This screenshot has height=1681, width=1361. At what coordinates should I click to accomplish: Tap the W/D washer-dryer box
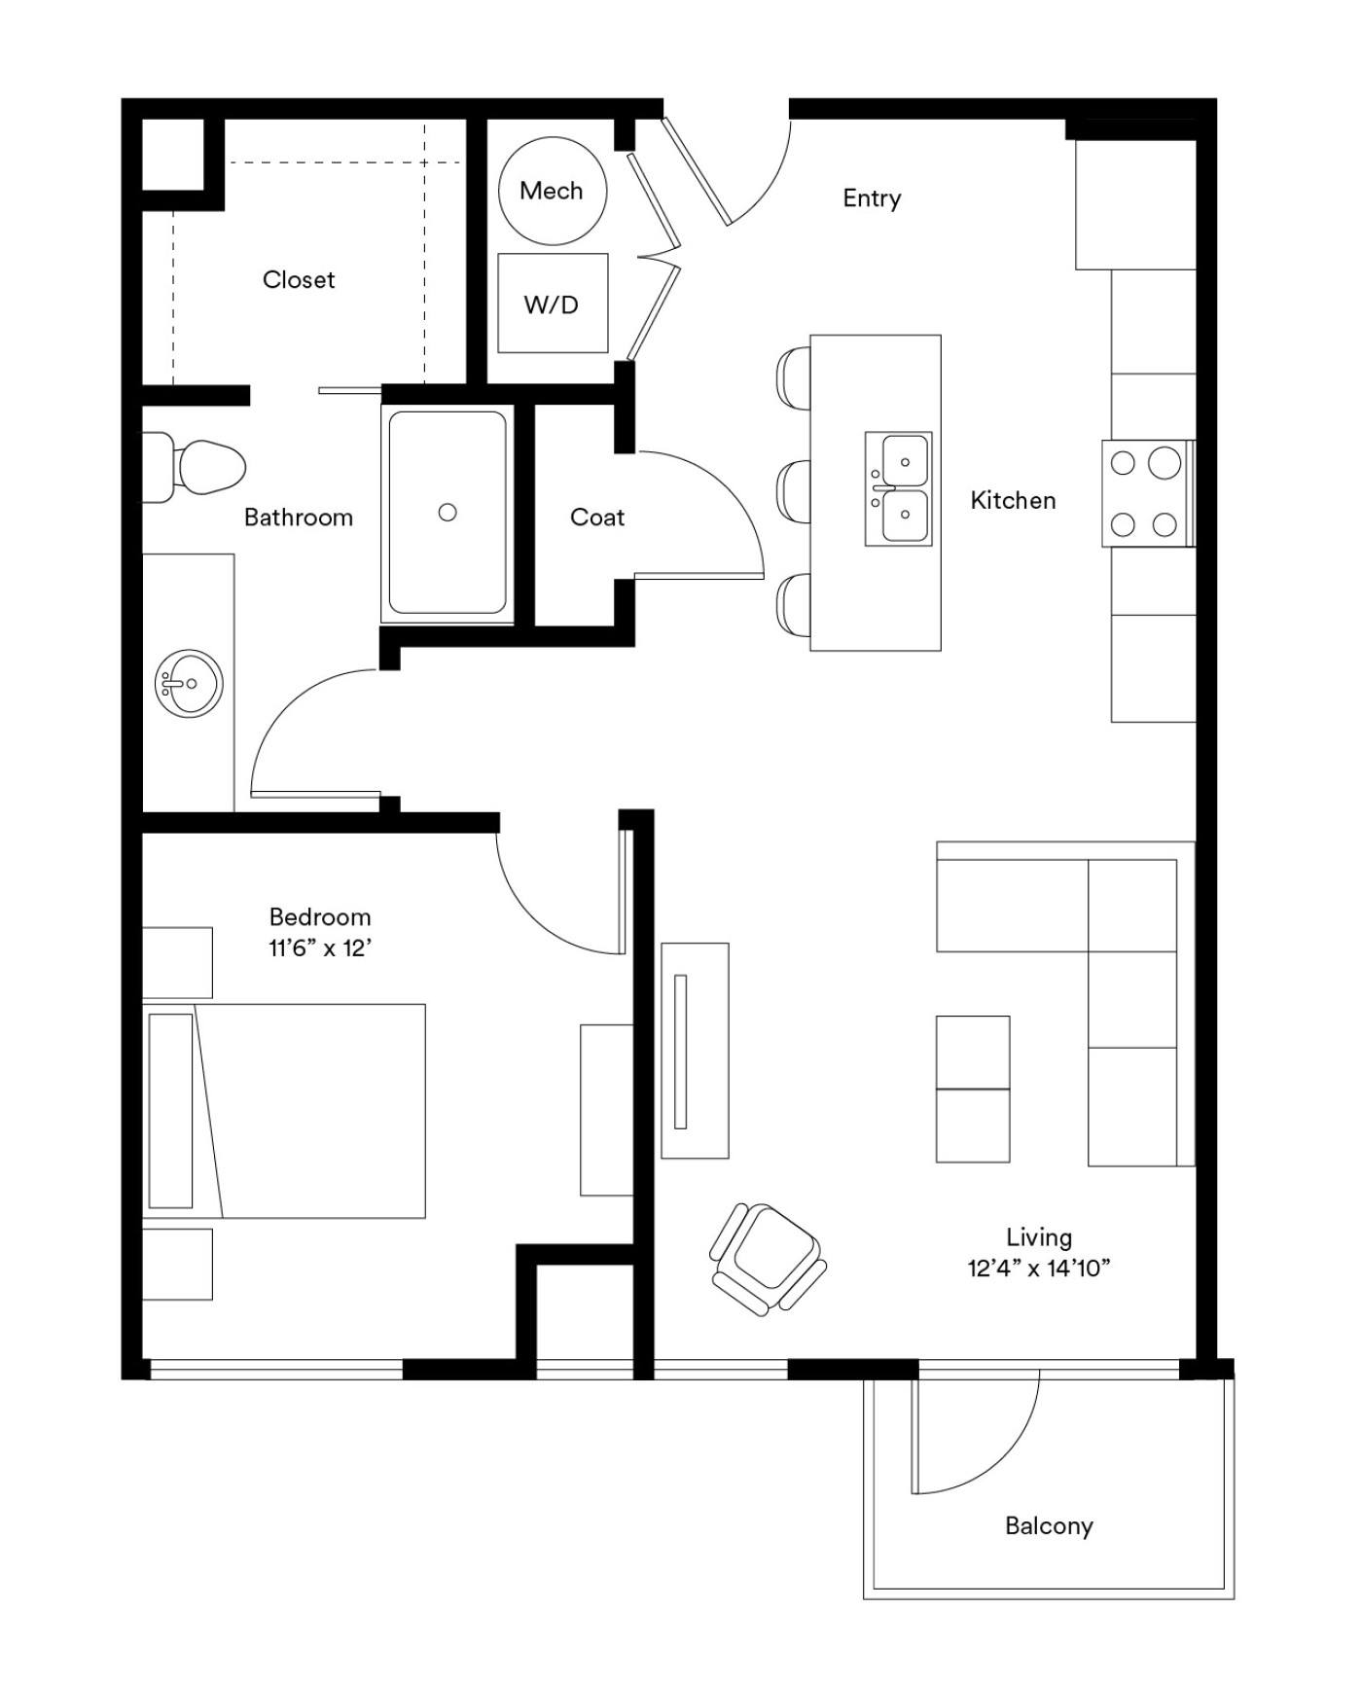click(x=553, y=304)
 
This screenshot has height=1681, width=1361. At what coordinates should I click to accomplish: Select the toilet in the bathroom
click(x=195, y=467)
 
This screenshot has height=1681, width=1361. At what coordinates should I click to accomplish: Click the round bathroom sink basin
click(x=189, y=684)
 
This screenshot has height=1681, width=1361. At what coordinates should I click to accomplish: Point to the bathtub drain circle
click(x=448, y=512)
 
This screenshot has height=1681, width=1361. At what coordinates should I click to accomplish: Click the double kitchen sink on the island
click(x=899, y=488)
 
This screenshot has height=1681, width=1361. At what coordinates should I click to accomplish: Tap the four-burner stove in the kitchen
click(x=1148, y=493)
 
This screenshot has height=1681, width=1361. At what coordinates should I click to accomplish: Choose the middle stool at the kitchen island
click(x=794, y=492)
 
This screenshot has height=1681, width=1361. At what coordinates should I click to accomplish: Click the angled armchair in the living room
click(x=769, y=1259)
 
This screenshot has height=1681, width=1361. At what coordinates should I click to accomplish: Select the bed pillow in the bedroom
click(x=171, y=1110)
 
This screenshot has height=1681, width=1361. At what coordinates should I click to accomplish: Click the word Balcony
click(x=1049, y=1525)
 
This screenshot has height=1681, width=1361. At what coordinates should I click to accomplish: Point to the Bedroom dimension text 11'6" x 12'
click(x=321, y=948)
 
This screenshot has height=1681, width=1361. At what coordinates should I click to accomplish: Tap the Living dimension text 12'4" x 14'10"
click(x=1039, y=1268)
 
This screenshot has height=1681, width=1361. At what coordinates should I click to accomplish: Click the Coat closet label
click(x=597, y=517)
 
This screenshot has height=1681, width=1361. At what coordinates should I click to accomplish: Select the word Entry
click(x=872, y=198)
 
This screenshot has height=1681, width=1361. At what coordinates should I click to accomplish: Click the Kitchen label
click(x=1013, y=500)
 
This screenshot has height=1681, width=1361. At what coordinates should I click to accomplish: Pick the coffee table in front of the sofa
click(x=973, y=1089)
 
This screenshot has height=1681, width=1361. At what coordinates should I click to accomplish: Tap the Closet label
click(x=299, y=279)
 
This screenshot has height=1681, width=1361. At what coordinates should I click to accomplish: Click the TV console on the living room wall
click(x=695, y=1051)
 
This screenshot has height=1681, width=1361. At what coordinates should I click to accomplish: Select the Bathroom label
click(x=299, y=517)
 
